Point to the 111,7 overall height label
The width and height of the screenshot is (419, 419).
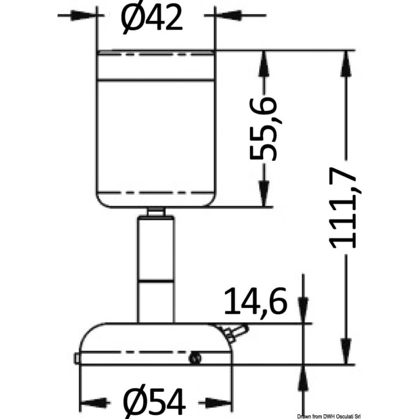345,208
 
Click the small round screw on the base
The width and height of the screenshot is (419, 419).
195,358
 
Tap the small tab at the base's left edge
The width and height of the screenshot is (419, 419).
77,358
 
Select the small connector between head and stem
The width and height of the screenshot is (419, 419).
156,211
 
